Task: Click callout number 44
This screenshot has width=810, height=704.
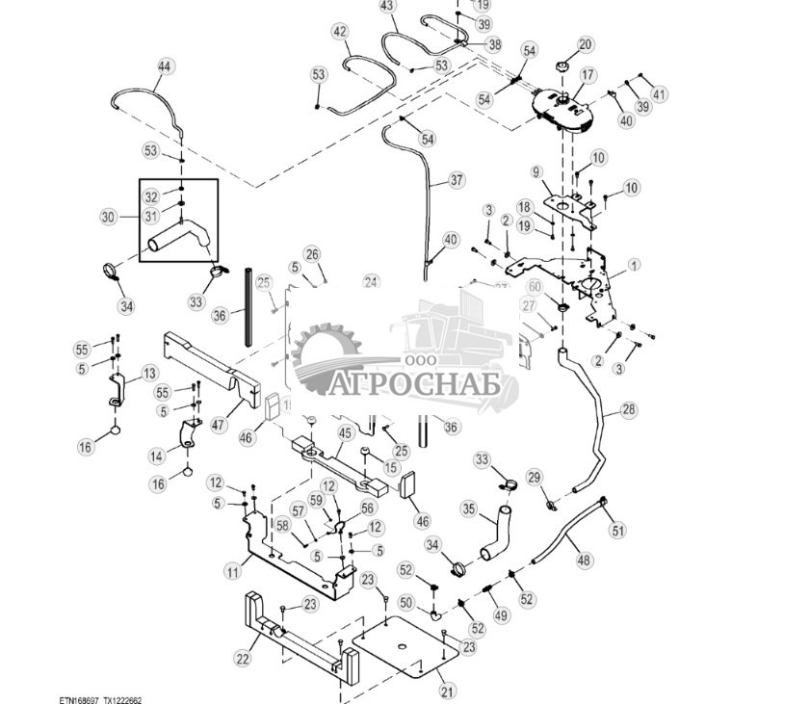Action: [x=164, y=66]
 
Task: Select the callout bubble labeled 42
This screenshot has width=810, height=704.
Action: [x=340, y=32]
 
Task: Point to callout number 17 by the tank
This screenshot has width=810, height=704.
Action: [x=588, y=74]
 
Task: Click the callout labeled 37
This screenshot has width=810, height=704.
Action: [x=457, y=180]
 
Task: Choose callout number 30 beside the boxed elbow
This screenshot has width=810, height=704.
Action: [x=108, y=218]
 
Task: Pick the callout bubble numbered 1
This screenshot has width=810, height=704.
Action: [x=633, y=264]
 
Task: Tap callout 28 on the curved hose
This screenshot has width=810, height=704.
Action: [x=628, y=410]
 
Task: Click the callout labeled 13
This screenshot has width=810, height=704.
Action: [x=149, y=373]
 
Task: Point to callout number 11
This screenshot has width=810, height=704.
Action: [x=232, y=572]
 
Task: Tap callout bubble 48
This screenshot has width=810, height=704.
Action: [x=584, y=560]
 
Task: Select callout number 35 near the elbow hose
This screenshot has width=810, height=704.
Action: [x=469, y=508]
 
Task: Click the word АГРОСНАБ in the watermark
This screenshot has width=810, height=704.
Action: [x=419, y=384]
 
